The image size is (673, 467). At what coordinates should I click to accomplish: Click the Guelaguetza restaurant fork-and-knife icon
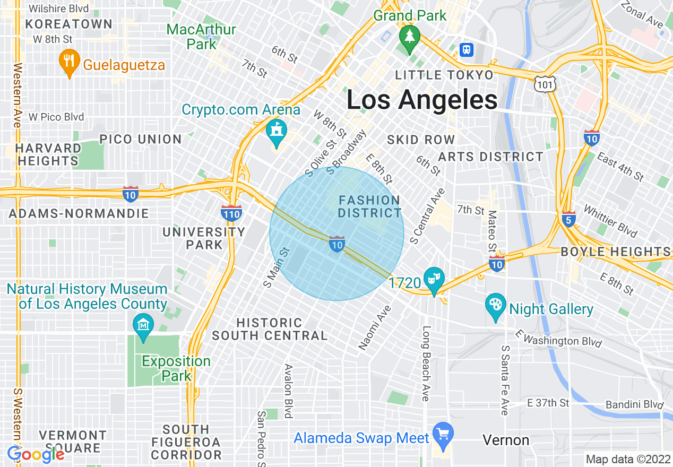(68, 59)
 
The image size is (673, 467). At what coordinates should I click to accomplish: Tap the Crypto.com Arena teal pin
(276, 131)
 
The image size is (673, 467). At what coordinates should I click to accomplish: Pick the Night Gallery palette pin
(495, 305)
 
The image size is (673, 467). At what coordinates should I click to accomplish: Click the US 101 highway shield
(547, 83)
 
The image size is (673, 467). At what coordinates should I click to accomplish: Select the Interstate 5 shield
(568, 218)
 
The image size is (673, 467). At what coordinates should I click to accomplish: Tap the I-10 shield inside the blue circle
(337, 244)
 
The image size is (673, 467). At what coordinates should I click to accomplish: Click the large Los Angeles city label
(422, 100)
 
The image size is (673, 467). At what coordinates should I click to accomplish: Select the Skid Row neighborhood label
(421, 140)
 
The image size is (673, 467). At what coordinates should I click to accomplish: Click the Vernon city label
(506, 440)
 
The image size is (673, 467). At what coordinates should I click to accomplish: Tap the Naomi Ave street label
(375, 327)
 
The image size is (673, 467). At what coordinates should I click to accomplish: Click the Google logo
(36, 454)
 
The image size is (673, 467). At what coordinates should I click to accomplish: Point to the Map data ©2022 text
(627, 459)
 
